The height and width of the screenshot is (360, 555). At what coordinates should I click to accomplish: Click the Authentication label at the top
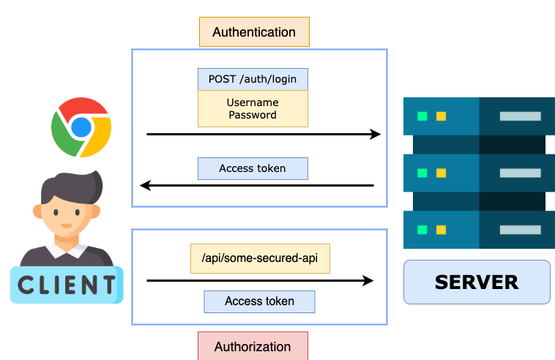[x=254, y=32]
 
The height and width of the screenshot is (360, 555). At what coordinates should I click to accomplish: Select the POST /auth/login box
[x=253, y=79]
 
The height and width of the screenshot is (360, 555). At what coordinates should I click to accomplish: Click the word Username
[x=253, y=102]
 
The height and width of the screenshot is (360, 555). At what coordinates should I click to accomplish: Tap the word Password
[x=253, y=115]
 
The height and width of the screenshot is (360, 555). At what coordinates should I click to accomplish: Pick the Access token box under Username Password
[x=253, y=168]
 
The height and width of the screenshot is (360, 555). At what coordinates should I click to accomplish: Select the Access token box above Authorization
[x=259, y=301]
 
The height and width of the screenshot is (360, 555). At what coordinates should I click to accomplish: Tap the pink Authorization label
[x=253, y=346]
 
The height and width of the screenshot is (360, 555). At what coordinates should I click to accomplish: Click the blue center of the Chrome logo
[x=81, y=127]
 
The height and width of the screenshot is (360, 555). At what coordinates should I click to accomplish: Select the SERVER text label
[x=477, y=282]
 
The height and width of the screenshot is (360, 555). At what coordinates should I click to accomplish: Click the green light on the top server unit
[x=422, y=116]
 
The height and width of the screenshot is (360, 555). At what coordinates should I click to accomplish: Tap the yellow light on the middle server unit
[x=441, y=173]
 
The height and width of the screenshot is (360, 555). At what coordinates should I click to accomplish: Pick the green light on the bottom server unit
[x=422, y=230]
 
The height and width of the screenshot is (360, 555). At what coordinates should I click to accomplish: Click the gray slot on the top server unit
[x=520, y=116]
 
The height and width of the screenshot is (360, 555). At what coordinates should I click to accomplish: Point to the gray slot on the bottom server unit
[x=520, y=230]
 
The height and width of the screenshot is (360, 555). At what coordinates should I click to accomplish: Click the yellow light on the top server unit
[x=441, y=116]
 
